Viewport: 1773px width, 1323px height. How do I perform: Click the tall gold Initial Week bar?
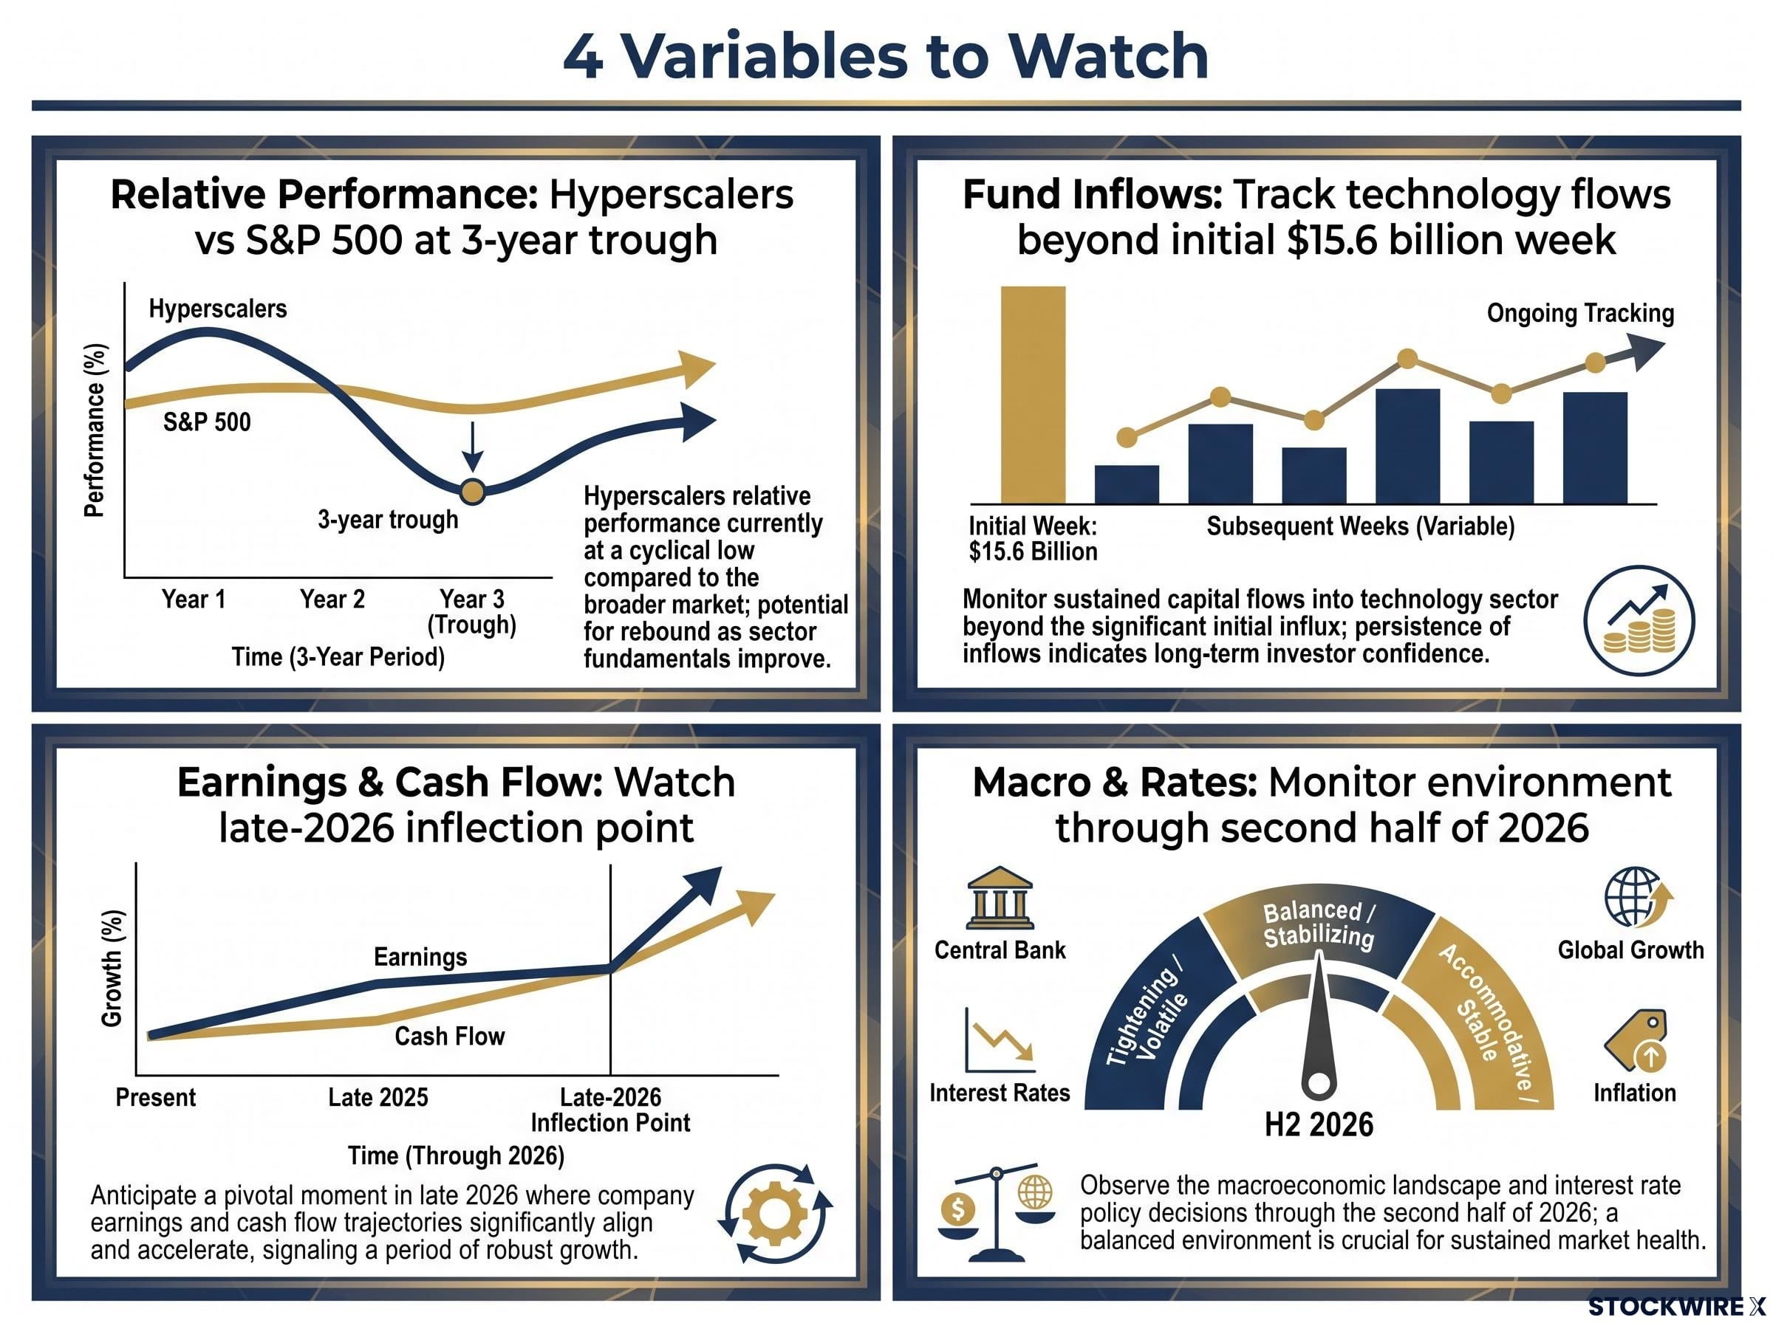(1033, 395)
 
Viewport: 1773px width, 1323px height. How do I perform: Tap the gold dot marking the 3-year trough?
(473, 492)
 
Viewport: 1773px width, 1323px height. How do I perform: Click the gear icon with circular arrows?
(775, 1213)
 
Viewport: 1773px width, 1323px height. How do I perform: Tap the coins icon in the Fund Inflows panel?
(1639, 621)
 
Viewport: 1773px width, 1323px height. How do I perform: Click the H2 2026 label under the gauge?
(1318, 1124)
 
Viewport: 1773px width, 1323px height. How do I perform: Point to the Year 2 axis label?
(332, 599)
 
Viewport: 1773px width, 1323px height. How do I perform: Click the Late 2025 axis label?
(378, 1097)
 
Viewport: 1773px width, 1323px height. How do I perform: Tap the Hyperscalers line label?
(217, 309)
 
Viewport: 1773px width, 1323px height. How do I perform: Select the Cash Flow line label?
(449, 1037)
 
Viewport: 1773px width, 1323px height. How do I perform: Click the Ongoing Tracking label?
(1580, 313)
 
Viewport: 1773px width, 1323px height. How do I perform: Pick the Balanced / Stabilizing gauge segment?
(1319, 929)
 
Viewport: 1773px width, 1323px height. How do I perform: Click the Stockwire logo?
(1676, 1307)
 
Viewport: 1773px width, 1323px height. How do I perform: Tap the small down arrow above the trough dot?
(473, 446)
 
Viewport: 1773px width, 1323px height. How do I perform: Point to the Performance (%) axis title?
(95, 430)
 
